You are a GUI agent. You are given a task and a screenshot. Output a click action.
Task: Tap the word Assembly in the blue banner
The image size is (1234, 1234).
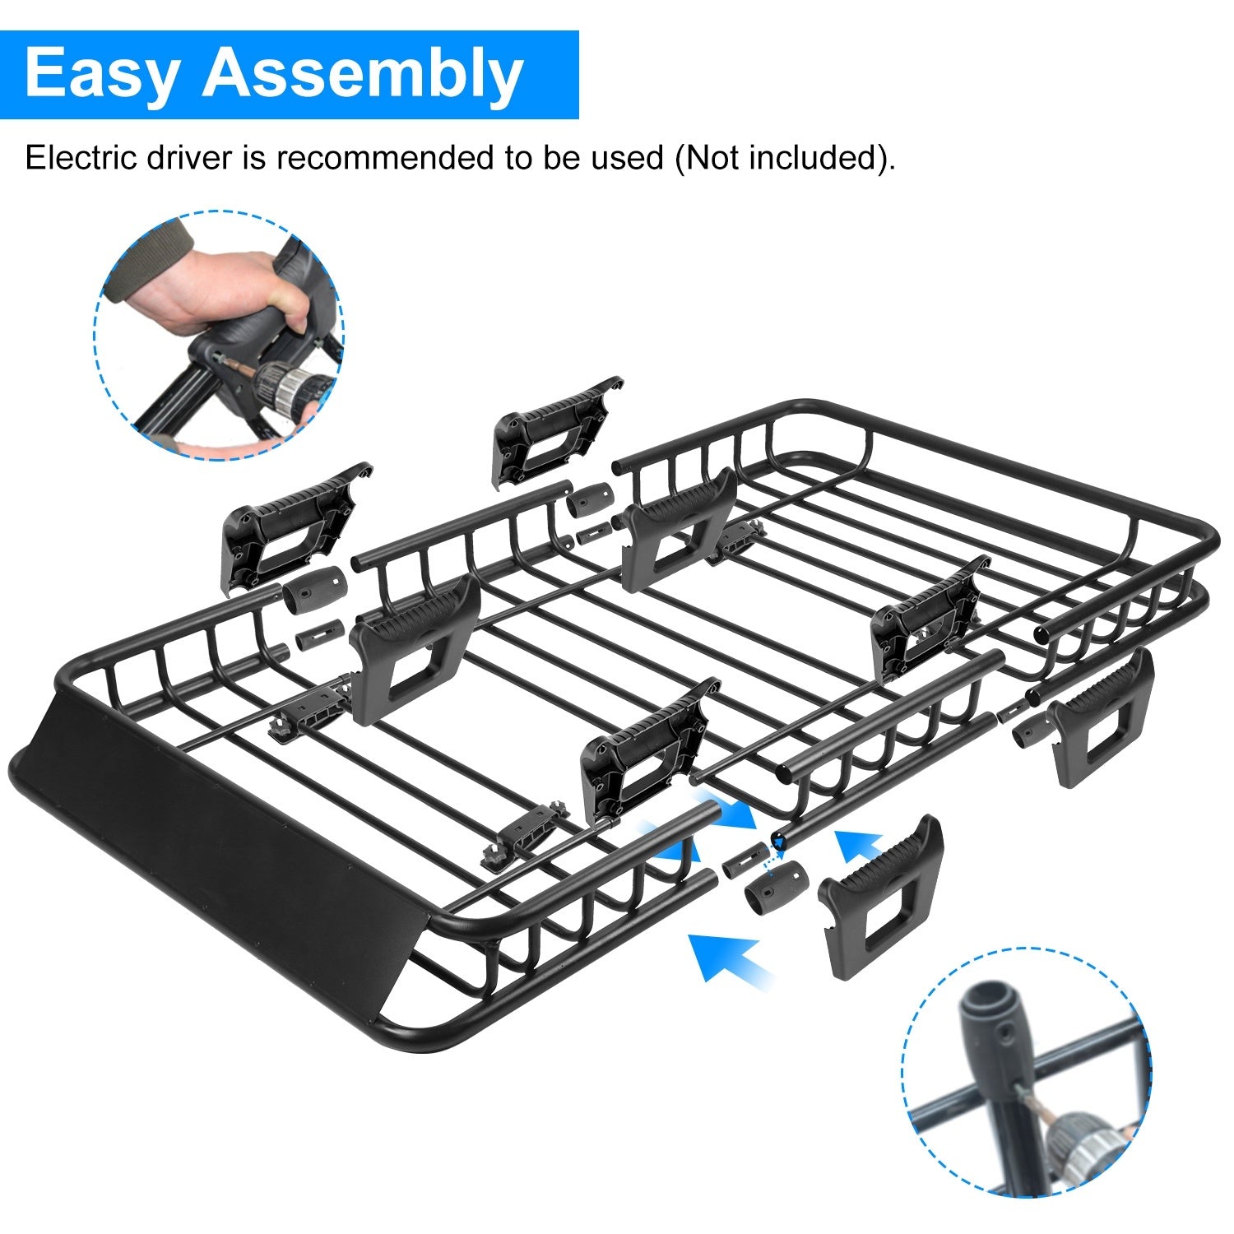363,74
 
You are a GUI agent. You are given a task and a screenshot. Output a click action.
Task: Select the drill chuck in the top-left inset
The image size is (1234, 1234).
288,383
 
